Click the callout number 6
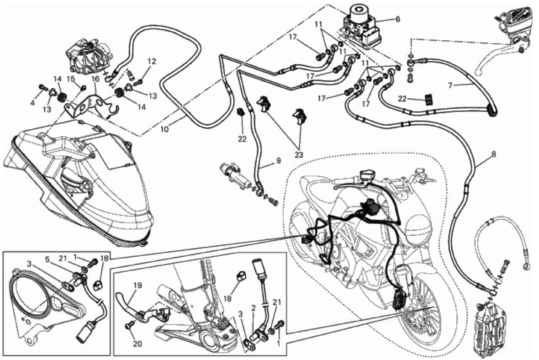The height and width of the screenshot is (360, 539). (x=397, y=19)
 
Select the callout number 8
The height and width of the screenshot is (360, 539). (x=493, y=154)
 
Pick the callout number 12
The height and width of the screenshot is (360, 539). (x=152, y=61)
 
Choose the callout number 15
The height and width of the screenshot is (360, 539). (x=70, y=78)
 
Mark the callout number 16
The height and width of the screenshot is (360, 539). (x=95, y=79)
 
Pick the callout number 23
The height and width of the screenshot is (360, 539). (x=298, y=154)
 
